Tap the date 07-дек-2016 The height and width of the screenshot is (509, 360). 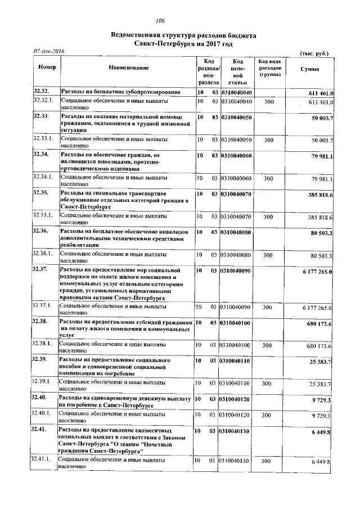pos(49,52)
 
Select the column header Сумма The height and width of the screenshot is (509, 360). pos(309,69)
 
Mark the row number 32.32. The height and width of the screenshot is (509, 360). pos(42,92)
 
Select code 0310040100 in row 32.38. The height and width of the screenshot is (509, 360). pos(237,322)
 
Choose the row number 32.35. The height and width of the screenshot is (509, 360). pos(42,193)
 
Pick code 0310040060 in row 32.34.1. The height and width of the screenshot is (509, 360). pos(237,178)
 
